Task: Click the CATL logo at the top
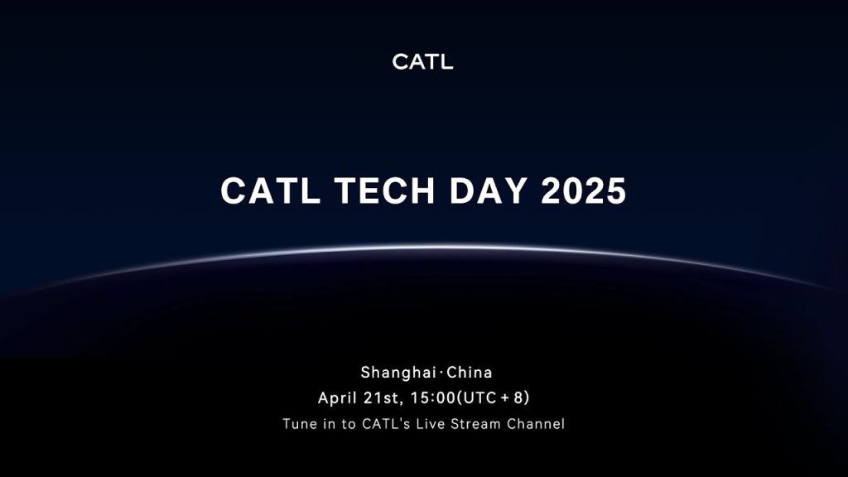(x=422, y=62)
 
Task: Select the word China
(x=470, y=372)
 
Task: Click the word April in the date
(x=338, y=398)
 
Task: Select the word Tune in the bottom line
(x=299, y=424)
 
